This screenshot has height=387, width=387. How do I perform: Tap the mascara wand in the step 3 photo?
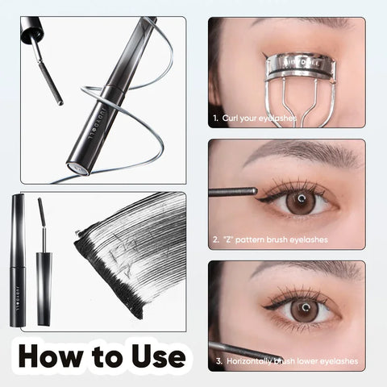point(242,350)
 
